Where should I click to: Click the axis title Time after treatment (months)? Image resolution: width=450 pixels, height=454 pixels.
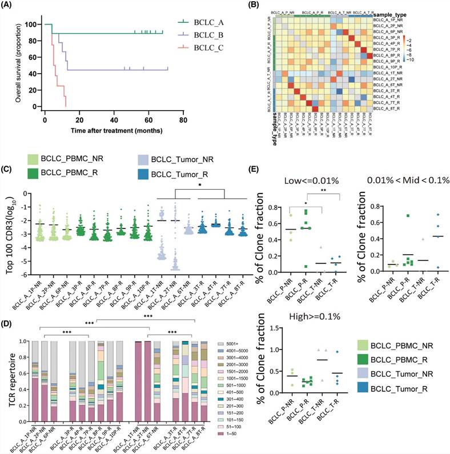(113, 129)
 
